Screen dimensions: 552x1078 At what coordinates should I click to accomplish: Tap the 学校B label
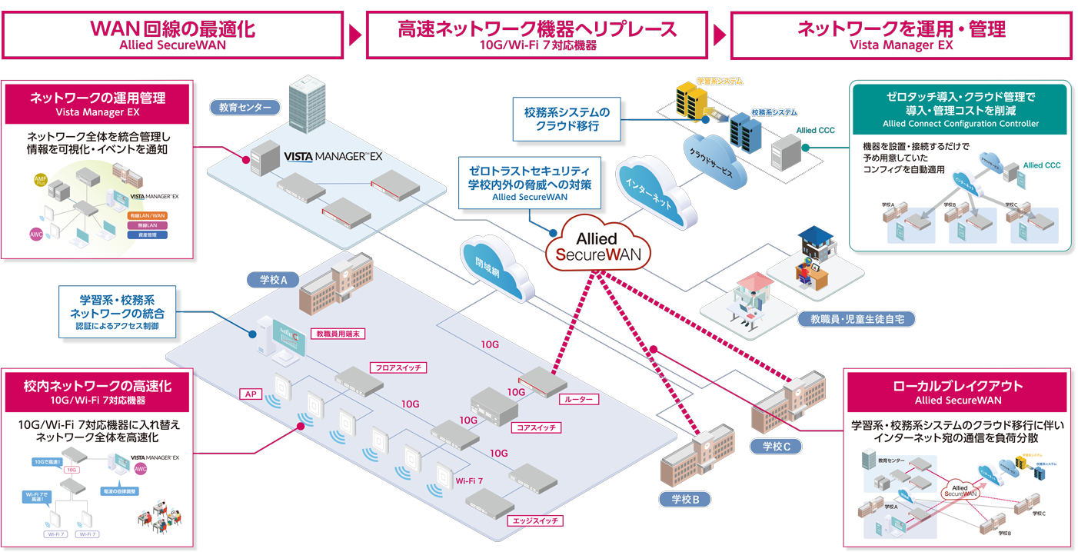[684, 500]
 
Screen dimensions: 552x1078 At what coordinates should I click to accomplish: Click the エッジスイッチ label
[536, 520]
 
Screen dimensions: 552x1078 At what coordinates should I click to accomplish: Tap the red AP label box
[250, 394]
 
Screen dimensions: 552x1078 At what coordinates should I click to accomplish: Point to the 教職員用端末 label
[338, 334]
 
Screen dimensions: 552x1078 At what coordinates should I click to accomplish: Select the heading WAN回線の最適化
[172, 30]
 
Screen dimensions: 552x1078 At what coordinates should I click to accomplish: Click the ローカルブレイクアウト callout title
[957, 386]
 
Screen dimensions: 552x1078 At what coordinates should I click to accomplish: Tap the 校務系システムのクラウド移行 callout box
[567, 118]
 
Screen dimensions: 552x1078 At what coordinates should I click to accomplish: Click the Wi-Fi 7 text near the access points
[469, 481]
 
